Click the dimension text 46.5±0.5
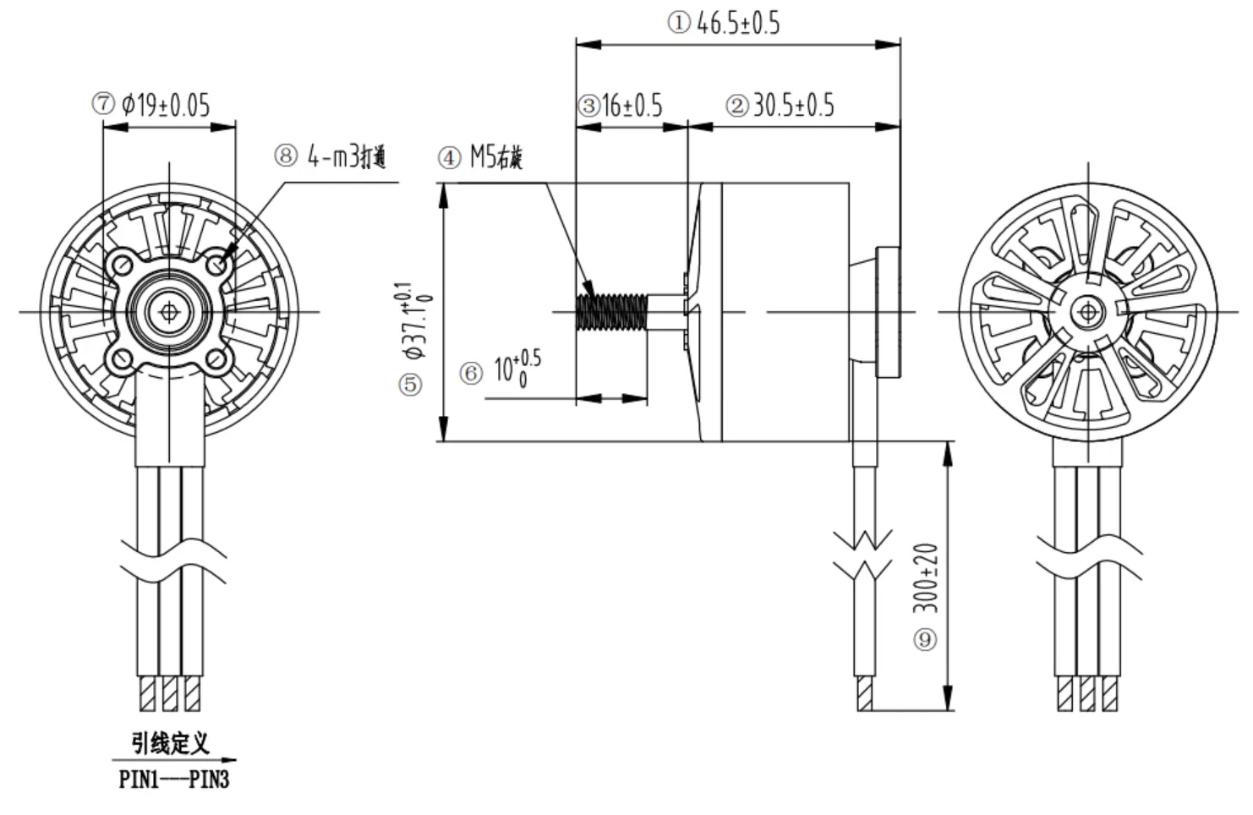point(738,23)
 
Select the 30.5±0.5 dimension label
point(793,106)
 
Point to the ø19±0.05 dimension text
point(166,105)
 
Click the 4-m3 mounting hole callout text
point(347,156)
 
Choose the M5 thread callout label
point(496,157)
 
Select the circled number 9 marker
point(925,639)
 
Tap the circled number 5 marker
point(410,386)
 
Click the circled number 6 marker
point(471,373)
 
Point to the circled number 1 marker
point(679,23)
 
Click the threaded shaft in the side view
point(611,311)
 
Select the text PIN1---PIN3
point(174,779)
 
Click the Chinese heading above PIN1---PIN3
point(170,744)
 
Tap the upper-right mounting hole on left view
point(219,265)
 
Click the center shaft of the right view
point(1086,313)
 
